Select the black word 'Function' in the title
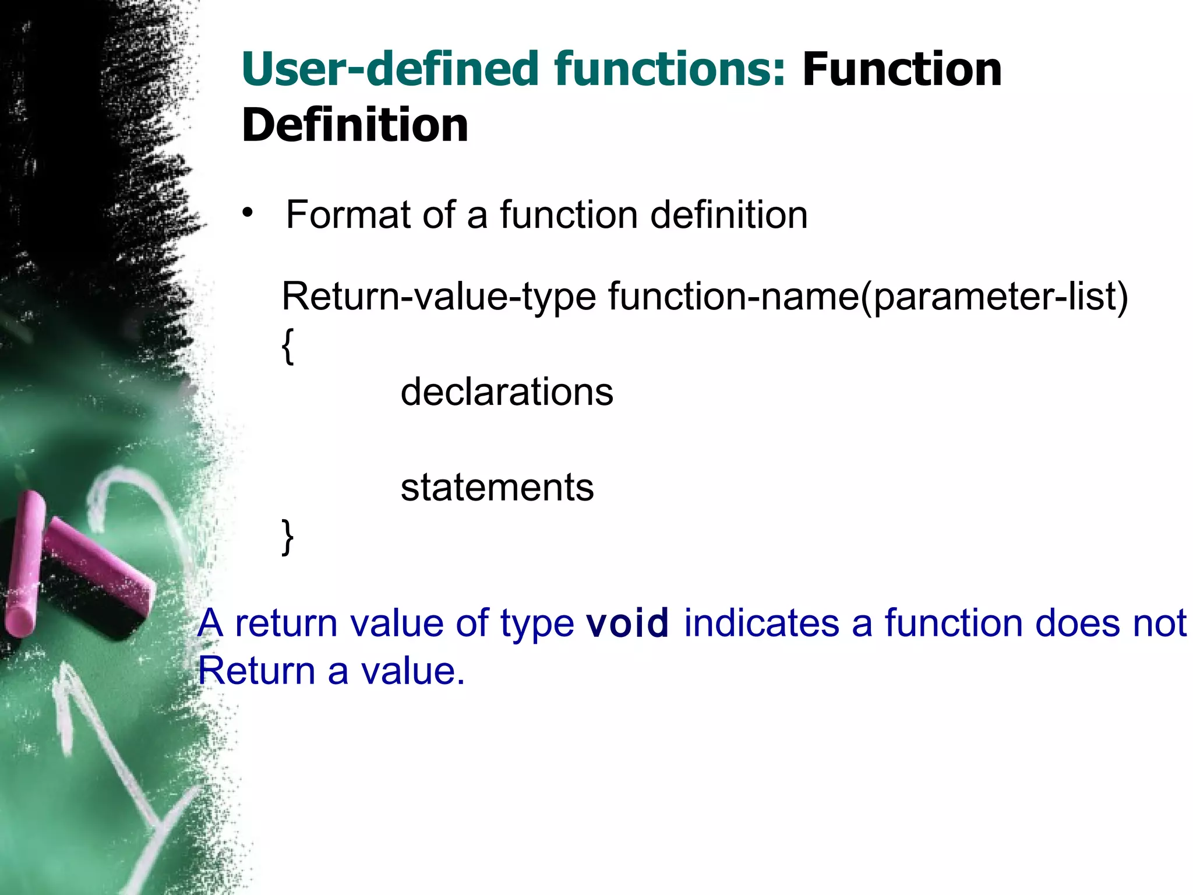902,70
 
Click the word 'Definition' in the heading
355,125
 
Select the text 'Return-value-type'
438,297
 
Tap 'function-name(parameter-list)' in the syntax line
868,297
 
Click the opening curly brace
288,346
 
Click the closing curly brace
288,537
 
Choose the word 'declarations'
507,392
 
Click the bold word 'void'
627,623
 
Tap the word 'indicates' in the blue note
761,623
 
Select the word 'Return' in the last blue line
256,671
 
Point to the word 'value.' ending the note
412,671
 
